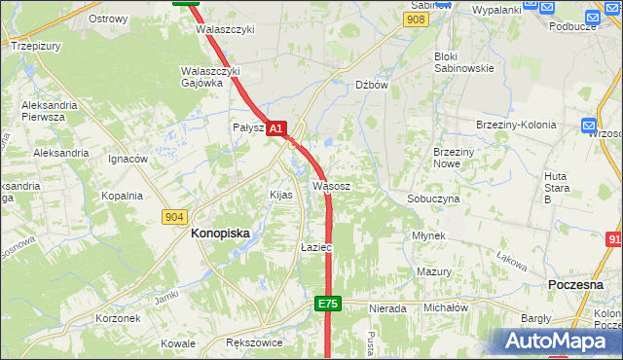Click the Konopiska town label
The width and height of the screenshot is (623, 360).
[220, 234]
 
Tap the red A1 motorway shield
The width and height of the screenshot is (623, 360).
[276, 127]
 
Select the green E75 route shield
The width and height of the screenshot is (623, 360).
[327, 305]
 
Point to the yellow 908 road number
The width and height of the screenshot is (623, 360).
[417, 19]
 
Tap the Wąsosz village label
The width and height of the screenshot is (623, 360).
[331, 185]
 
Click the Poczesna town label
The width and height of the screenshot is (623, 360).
[577, 283]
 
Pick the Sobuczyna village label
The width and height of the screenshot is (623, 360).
[433, 198]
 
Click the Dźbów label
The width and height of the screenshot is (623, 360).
[372, 85]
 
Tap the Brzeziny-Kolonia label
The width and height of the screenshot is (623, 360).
[516, 126]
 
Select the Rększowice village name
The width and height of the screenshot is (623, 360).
[254, 342]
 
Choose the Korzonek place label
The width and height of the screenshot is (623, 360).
[119, 318]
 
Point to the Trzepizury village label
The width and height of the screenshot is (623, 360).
[37, 45]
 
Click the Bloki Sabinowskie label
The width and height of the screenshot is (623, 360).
[463, 62]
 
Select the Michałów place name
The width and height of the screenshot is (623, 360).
[446, 307]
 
